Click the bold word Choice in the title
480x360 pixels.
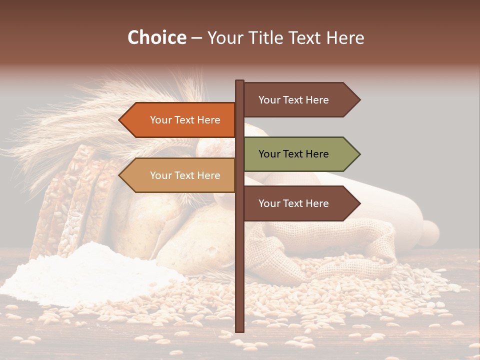156,37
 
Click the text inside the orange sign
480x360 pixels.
185,120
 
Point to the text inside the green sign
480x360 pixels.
293,154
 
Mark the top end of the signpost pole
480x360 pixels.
239,81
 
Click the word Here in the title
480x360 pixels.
344,37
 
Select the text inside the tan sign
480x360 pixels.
185,175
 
